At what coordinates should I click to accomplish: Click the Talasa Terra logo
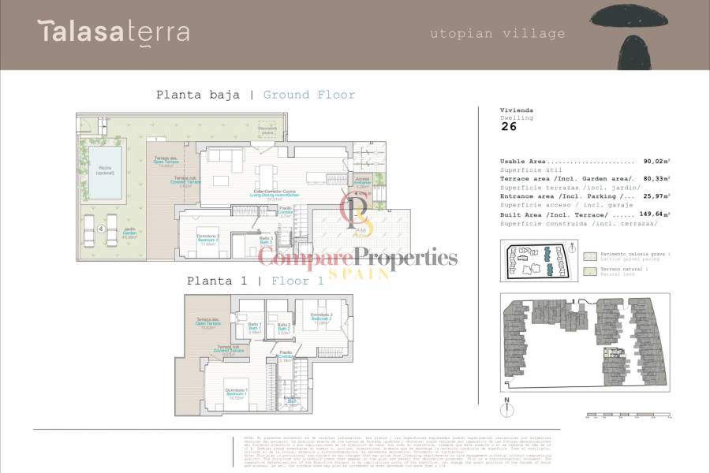coord(113,32)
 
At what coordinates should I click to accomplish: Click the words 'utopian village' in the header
coord(497,33)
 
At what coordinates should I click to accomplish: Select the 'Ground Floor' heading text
coord(308,95)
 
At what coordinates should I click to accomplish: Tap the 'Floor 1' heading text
coord(297,281)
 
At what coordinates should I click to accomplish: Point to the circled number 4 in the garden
coord(102,229)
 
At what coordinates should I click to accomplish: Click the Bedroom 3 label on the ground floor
coord(207,240)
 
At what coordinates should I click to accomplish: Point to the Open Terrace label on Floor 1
coord(207,323)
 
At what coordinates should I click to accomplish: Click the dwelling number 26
coord(509,126)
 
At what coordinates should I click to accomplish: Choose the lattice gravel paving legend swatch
coord(589,256)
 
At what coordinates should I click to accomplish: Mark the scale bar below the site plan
coord(627,415)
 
